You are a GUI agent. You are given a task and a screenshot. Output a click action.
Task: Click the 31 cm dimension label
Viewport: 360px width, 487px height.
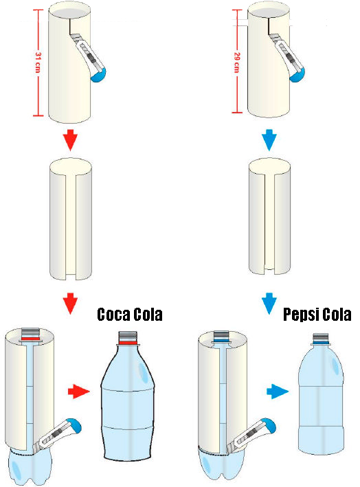point(38,63)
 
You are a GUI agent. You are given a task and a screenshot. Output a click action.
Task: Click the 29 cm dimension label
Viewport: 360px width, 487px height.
point(237,63)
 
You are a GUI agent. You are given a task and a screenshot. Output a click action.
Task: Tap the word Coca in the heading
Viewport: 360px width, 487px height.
point(113,315)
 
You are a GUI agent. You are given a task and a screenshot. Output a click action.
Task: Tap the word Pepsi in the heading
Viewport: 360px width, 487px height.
point(301,315)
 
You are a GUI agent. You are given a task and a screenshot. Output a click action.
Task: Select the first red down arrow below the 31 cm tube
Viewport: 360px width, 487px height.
point(70,139)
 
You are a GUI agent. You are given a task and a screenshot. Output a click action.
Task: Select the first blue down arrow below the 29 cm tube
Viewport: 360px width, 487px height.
point(269,139)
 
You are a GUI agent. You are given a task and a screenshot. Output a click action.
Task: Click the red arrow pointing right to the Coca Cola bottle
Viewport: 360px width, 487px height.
point(78,392)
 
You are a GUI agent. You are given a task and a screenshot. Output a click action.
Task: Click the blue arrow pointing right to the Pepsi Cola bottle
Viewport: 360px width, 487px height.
point(278,392)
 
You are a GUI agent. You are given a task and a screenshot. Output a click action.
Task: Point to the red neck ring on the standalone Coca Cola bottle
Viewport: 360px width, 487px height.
point(128,342)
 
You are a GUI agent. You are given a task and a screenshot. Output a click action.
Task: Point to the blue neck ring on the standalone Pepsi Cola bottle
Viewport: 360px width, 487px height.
point(321,341)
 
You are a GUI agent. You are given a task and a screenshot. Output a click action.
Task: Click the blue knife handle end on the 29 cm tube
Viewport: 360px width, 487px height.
point(297,76)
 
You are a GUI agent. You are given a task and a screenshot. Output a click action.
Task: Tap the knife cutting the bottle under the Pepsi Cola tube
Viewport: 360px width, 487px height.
point(251,436)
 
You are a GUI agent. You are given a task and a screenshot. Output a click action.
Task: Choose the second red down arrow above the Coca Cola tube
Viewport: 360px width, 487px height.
point(70,303)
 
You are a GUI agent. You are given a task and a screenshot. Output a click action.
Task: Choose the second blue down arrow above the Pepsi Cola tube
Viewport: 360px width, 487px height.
point(269,303)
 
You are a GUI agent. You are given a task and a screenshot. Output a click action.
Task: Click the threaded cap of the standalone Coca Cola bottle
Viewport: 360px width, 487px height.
point(128,336)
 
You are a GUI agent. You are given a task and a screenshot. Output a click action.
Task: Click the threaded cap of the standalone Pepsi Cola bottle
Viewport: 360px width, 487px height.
point(321,337)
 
